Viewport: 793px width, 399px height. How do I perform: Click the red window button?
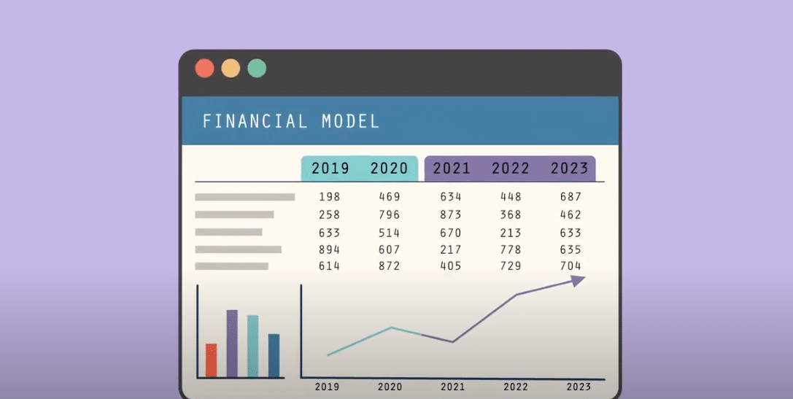(205, 69)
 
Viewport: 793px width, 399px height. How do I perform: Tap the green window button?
(257, 69)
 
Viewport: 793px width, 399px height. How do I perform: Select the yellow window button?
(231, 69)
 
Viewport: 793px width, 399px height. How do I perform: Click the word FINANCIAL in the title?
(255, 121)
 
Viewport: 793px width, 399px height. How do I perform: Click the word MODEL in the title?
(351, 121)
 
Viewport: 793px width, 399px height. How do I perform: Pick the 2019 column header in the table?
(330, 168)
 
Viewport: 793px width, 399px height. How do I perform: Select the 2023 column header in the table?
(569, 168)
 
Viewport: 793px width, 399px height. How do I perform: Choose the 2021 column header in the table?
(452, 168)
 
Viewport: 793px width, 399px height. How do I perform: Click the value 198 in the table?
(330, 197)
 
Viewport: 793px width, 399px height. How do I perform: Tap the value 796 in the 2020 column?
(390, 215)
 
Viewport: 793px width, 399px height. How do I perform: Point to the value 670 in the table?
(451, 233)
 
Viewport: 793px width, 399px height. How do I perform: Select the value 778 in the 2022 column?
(511, 250)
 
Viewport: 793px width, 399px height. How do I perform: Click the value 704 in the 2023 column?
(570, 266)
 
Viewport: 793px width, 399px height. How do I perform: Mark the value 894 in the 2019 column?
(330, 250)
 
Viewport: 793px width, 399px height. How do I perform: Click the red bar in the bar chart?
(211, 360)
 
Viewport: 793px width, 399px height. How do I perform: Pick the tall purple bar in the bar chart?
(232, 344)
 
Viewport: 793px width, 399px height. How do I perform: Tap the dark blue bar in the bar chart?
(274, 355)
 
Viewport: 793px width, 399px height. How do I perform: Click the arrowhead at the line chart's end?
(579, 281)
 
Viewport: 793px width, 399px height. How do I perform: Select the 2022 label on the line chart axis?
(516, 387)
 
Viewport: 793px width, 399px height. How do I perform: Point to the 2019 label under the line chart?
(327, 387)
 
